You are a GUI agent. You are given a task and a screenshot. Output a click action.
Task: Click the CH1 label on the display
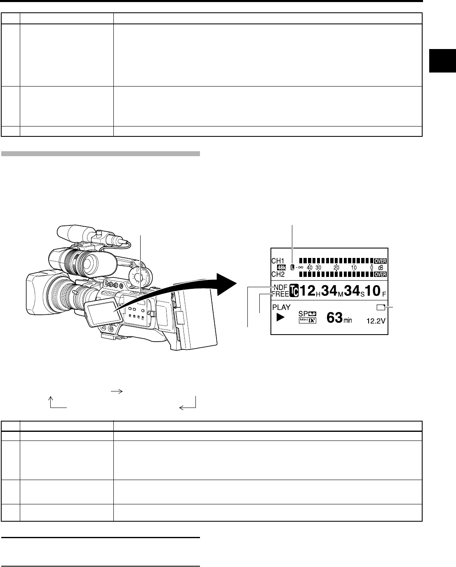278,261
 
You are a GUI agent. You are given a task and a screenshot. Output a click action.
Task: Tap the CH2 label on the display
278,274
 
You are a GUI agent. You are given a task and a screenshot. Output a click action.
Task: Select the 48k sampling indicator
282,268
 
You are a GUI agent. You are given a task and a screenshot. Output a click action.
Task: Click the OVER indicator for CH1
381,261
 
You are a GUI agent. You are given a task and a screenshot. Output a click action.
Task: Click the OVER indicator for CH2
381,274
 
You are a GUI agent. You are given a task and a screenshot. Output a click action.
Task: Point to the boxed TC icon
294,291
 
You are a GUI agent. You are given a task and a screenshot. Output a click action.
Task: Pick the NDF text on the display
281,287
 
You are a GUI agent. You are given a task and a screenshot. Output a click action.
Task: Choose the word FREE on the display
280,294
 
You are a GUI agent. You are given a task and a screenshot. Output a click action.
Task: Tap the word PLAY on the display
281,307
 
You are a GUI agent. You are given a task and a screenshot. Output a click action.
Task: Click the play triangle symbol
280,317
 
